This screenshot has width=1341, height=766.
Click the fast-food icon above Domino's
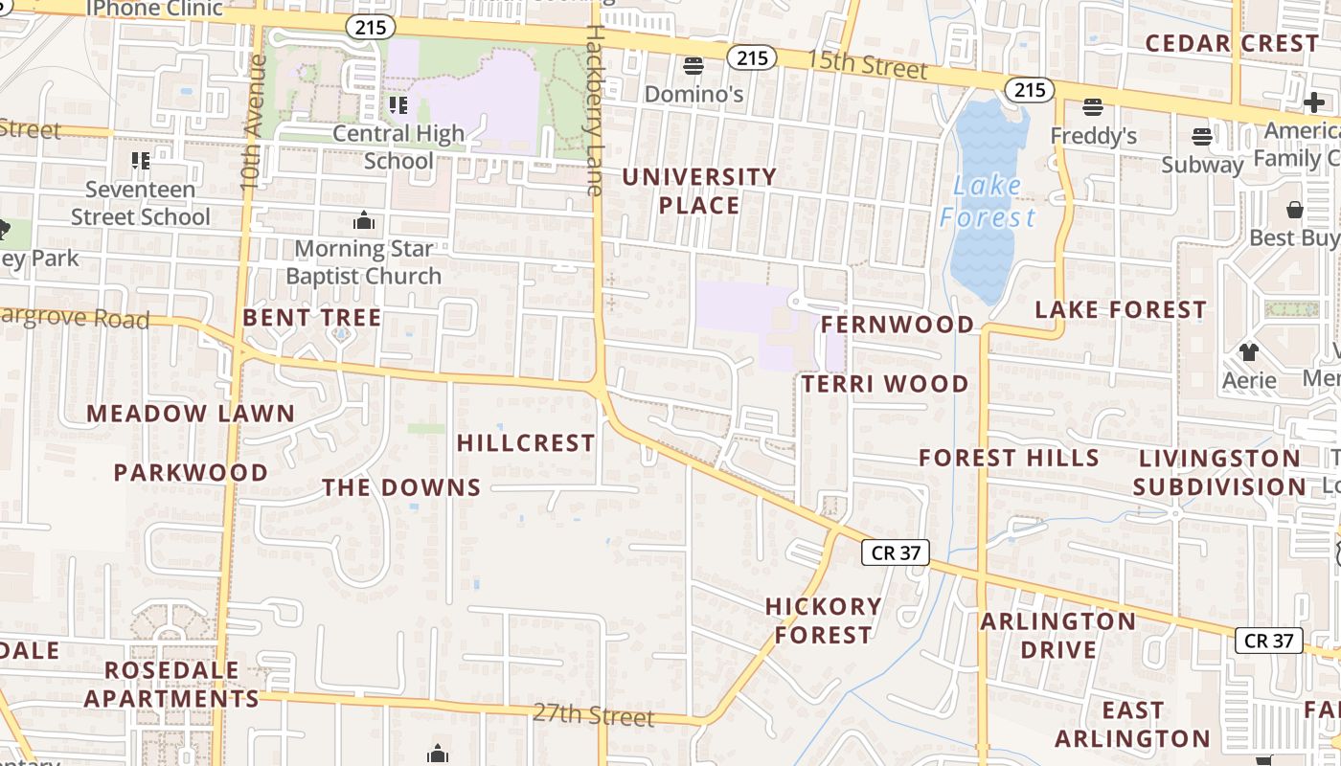[x=693, y=65]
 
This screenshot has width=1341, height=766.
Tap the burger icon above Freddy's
[x=1093, y=106]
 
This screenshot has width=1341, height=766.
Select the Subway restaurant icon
[x=1202, y=136]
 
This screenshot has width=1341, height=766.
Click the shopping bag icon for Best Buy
[x=1295, y=209]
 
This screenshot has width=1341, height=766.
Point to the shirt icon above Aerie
[x=1248, y=351]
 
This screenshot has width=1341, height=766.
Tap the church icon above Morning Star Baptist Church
[x=364, y=221]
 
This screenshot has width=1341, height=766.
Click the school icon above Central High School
[x=398, y=104]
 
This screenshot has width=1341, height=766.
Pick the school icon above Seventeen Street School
[x=141, y=160]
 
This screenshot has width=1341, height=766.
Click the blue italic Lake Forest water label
[x=988, y=202]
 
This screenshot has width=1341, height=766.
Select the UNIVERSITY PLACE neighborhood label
[x=699, y=191]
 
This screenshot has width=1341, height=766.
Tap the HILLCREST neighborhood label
[x=526, y=442]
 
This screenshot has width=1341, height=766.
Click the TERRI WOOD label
[x=885, y=384]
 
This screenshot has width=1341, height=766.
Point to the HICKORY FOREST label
[x=823, y=620]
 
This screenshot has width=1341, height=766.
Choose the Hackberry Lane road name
[x=594, y=110]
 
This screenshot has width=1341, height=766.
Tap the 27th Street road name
[x=593, y=714]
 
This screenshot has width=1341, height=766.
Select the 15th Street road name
[x=867, y=65]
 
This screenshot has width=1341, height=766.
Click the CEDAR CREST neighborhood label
[x=1232, y=43]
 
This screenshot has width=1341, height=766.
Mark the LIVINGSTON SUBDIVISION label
[x=1218, y=472]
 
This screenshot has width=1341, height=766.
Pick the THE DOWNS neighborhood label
[x=401, y=487]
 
